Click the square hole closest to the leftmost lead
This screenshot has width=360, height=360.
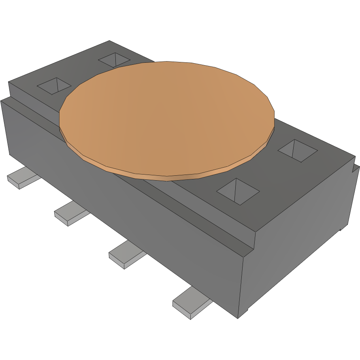click(x=54, y=86)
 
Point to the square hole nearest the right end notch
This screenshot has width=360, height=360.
click(x=297, y=151)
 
